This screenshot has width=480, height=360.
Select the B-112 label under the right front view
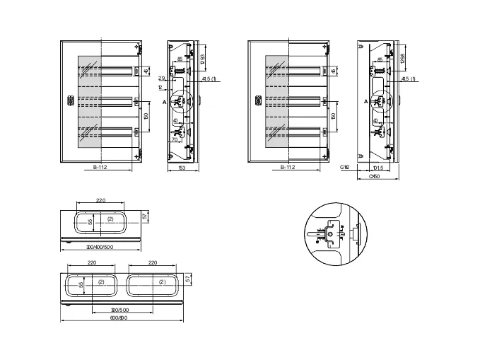(288, 168)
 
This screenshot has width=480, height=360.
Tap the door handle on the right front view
(258, 100)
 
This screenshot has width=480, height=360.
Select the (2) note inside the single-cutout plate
(110, 219)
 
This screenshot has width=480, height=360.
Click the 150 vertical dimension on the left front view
(145, 115)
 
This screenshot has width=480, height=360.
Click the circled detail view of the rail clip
(336, 231)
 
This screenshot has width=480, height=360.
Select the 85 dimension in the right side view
(380, 59)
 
